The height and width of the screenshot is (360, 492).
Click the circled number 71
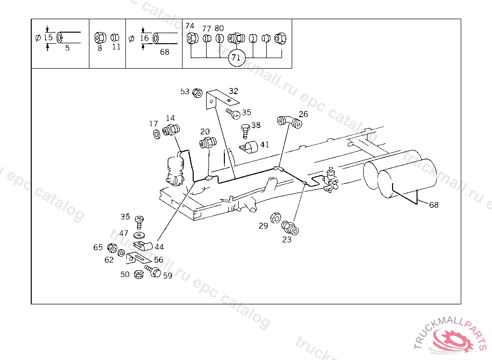235,58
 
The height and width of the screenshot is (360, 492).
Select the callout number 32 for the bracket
234,91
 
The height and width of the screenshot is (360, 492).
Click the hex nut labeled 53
197,93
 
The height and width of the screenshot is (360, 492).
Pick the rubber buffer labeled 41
249,147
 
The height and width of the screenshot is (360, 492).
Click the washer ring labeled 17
156,133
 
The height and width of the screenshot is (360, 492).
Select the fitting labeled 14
172,130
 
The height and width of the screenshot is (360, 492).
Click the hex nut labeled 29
276,217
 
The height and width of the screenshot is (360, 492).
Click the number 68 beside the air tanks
434,205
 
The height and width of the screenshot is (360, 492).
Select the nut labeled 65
111,248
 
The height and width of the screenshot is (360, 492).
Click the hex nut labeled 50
138,275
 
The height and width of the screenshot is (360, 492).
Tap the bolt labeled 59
153,272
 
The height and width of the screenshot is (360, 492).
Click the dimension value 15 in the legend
48,37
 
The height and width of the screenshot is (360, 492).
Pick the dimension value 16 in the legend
144,37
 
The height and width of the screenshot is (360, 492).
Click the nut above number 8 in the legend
100,37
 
